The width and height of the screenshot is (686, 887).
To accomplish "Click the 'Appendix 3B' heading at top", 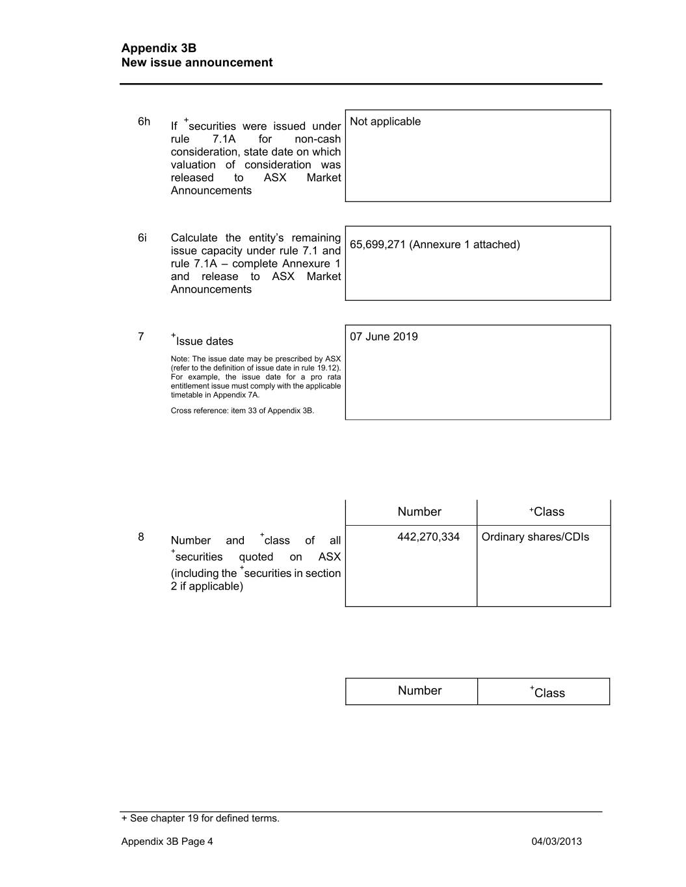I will [159, 48].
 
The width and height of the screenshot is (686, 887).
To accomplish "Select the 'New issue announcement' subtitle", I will [197, 62].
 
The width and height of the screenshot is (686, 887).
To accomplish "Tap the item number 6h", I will [144, 122].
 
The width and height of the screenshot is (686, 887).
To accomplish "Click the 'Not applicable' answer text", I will [385, 122].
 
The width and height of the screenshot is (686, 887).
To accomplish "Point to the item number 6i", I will [142, 238].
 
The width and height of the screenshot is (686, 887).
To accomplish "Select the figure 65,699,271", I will [378, 245].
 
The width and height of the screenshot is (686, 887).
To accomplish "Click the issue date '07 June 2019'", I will [384, 337].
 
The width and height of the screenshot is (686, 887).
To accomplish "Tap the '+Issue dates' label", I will [203, 341].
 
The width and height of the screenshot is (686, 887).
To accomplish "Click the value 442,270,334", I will [429, 537].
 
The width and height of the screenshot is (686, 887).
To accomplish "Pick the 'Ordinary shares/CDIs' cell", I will [535, 537].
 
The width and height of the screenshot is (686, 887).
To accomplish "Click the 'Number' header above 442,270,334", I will [419, 512].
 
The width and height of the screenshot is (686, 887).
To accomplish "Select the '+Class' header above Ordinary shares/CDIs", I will [547, 512].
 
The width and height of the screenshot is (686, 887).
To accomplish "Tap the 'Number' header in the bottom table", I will [419, 691].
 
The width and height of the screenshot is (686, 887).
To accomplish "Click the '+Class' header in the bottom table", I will [547, 692].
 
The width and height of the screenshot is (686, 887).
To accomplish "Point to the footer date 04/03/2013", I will [557, 842].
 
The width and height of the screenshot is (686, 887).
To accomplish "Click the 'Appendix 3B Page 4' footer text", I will [167, 842].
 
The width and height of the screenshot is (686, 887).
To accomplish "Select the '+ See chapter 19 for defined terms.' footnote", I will [200, 818].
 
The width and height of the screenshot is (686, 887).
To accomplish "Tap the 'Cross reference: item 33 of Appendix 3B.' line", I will [243, 411].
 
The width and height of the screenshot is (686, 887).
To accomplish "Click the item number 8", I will [141, 537].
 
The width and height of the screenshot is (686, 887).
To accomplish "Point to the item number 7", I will [141, 337].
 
